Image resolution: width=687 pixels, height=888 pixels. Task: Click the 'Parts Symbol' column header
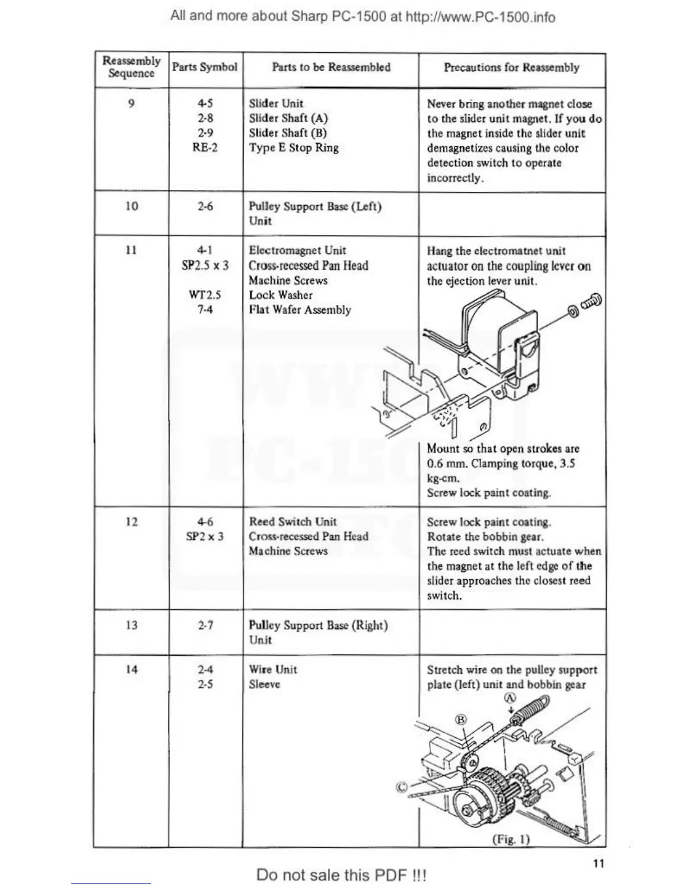tap(205, 67)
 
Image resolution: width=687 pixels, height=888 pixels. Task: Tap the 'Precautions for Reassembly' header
tap(511, 68)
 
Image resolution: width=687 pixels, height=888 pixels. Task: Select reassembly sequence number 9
tap(131, 103)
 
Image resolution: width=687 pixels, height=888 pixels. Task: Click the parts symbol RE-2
tap(205, 147)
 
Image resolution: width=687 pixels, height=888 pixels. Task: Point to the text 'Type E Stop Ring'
tap(294, 148)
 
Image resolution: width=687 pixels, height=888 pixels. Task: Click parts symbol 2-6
tap(205, 206)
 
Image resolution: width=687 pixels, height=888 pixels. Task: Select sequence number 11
tap(131, 250)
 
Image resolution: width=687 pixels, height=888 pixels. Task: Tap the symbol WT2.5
tap(205, 295)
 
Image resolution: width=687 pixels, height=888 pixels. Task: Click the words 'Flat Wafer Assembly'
tap(300, 310)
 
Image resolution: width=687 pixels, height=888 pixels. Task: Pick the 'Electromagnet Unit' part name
tap(297, 251)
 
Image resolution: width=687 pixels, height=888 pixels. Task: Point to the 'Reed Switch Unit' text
tap(292, 522)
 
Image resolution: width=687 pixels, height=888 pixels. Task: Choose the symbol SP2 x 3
tap(205, 536)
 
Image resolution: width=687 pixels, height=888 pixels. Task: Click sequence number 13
tap(131, 625)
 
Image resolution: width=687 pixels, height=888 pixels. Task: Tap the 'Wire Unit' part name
tap(273, 669)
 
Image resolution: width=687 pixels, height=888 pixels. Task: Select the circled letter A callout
tap(510, 699)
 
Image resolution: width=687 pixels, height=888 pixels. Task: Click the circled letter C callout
tap(402, 787)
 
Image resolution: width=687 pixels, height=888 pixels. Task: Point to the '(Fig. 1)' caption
tap(511, 839)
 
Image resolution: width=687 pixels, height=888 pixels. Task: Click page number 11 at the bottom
tap(598, 863)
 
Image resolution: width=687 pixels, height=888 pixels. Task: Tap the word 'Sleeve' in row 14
tap(264, 684)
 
